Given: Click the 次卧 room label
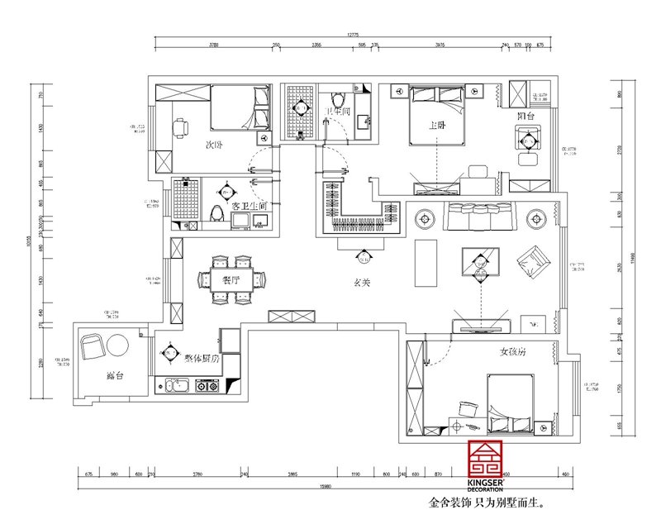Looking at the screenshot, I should pyautogui.click(x=216, y=145).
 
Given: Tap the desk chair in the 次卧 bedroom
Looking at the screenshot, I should pyautogui.click(x=180, y=126).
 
